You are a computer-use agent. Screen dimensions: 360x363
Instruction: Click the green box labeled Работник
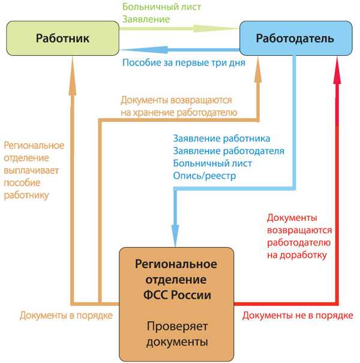coord(63,38)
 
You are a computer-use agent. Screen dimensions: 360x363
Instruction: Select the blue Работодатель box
coord(296,38)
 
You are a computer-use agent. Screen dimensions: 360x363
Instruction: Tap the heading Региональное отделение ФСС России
coord(176,280)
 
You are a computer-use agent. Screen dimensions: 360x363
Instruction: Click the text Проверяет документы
coord(177,334)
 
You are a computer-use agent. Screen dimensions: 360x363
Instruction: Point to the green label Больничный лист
coord(161,7)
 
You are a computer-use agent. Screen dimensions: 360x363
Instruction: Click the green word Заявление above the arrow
coord(146,19)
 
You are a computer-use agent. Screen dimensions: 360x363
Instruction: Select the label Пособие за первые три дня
coord(184,62)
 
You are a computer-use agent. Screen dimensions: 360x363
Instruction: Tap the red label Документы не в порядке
coord(298,316)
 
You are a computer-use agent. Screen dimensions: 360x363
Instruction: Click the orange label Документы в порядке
coord(66,316)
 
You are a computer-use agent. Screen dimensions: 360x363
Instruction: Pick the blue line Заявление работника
coord(221,139)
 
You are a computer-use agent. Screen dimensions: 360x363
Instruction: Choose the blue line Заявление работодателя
coord(229,151)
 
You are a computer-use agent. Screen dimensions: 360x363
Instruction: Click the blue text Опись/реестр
coord(205,176)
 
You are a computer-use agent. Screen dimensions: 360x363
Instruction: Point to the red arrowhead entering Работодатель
coord(337,71)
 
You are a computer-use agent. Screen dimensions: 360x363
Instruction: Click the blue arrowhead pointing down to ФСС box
coord(175,235)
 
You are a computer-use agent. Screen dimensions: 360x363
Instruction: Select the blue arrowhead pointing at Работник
coord(144,50)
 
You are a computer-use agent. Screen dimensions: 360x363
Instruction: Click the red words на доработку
coord(297,255)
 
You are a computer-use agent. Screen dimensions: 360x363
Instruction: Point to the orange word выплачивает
coord(31,170)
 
